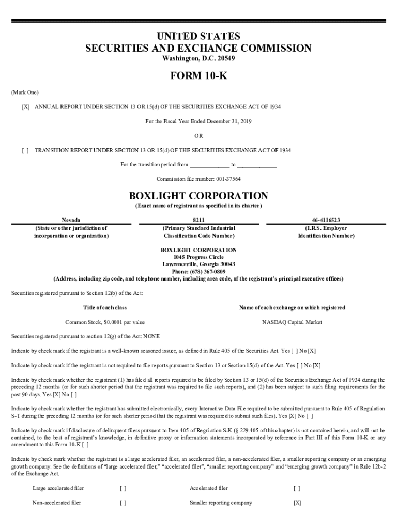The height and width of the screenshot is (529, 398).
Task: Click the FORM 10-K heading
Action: (x=198, y=77)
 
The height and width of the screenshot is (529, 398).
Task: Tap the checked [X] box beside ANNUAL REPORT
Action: (x=25, y=106)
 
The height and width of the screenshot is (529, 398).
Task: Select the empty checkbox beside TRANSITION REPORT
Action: (x=25, y=150)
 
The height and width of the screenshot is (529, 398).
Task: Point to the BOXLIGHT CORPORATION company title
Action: (x=198, y=196)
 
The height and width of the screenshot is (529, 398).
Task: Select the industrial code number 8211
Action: (x=198, y=220)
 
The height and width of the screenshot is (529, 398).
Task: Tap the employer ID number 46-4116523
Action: (x=326, y=220)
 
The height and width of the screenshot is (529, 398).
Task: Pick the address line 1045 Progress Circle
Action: (x=198, y=257)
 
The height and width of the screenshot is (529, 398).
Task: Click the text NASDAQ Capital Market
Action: (x=292, y=322)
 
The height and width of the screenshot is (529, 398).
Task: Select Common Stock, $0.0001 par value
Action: (x=105, y=322)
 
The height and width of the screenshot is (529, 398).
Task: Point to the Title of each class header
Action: (x=105, y=308)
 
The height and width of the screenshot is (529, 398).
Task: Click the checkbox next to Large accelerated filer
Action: (x=123, y=488)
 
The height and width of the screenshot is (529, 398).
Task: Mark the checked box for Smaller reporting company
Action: (x=297, y=503)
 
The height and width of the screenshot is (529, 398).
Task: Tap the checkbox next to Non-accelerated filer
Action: (x=123, y=503)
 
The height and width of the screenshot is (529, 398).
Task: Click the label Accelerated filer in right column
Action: (x=208, y=488)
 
